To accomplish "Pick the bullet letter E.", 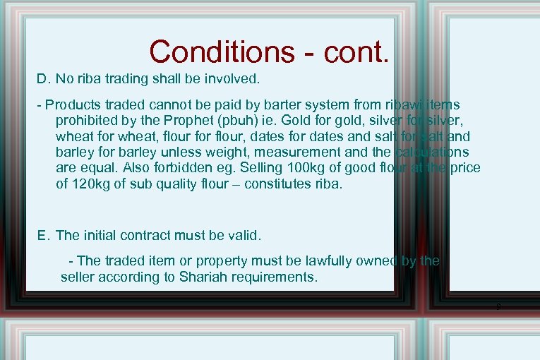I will coord(43,235).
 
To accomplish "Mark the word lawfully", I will coord(314,261).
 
